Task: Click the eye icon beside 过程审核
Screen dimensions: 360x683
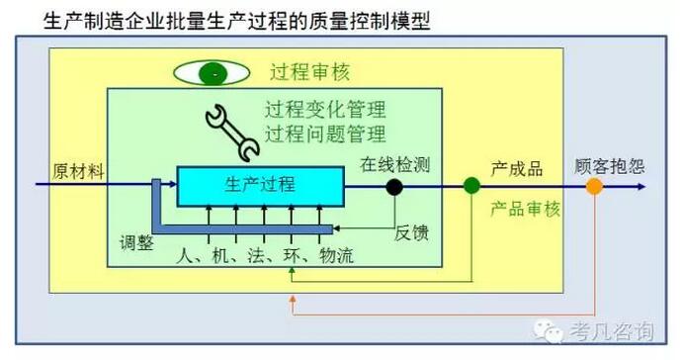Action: [212, 73]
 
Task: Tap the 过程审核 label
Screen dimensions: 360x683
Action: [310, 72]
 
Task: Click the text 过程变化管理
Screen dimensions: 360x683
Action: [325, 110]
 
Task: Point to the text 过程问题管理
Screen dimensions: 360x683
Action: [325, 134]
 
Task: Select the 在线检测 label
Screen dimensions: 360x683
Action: [395, 163]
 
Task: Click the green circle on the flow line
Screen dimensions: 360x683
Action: [472, 185]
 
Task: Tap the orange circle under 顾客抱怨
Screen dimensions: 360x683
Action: [593, 185]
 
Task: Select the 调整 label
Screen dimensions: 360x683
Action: [137, 243]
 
